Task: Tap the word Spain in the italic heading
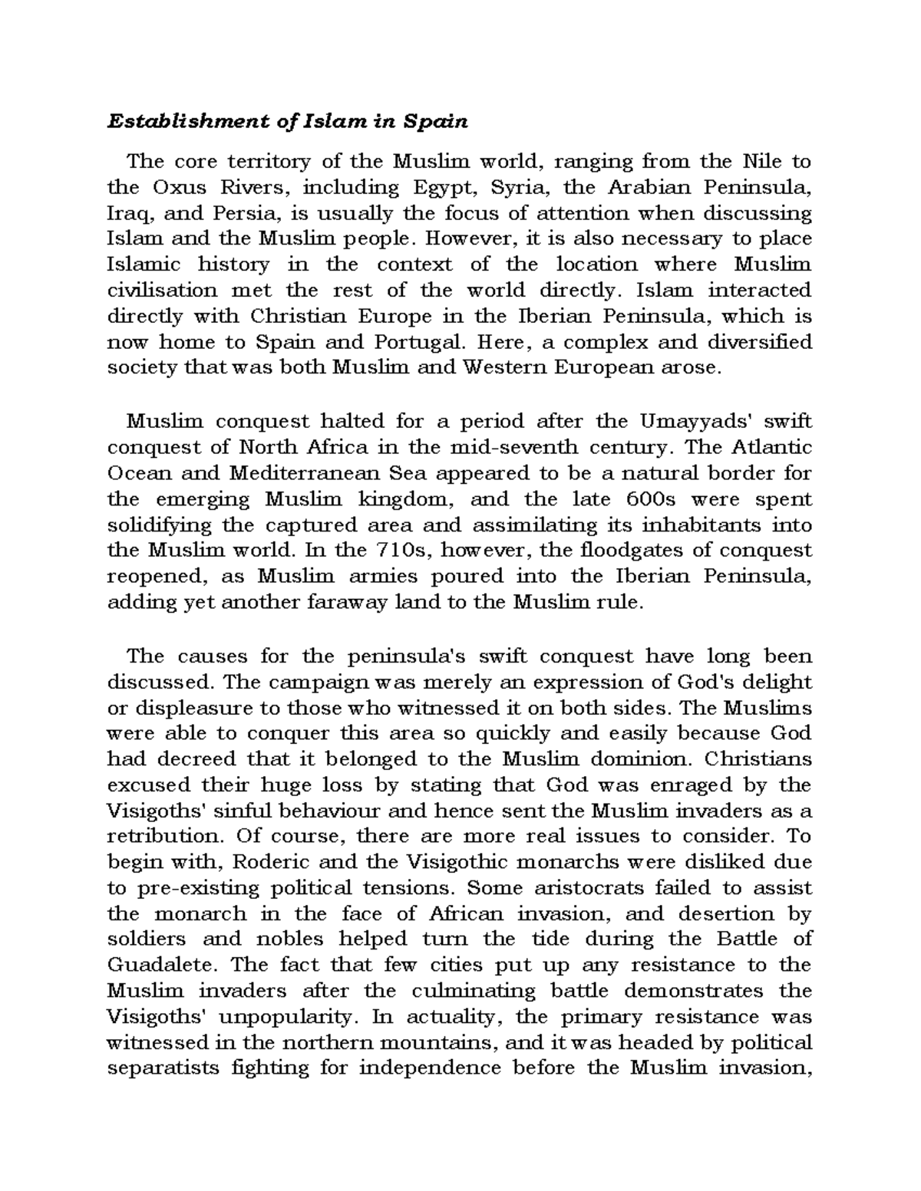tap(437, 121)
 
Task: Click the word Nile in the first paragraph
tap(761, 162)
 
